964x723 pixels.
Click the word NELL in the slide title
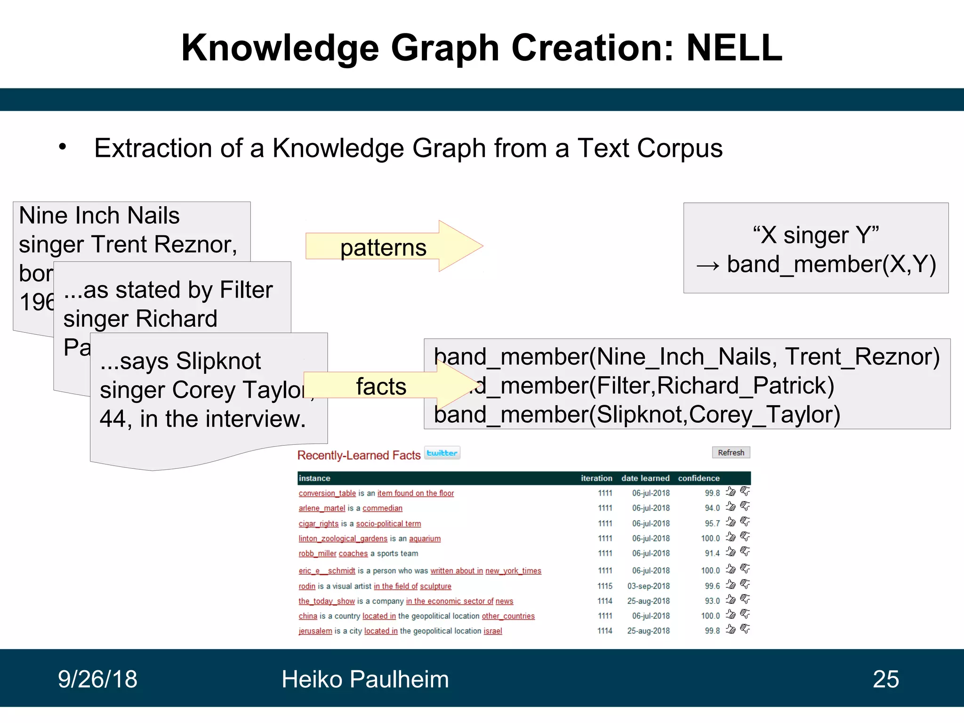tap(734, 48)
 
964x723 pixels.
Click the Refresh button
tap(731, 452)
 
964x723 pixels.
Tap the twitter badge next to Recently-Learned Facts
tap(442, 453)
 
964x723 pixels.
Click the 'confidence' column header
tap(699, 478)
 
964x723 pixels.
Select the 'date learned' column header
tap(645, 478)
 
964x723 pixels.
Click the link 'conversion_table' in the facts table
tap(327, 493)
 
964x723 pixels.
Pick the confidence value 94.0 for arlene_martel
tap(712, 508)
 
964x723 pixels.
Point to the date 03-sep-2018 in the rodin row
tap(648, 586)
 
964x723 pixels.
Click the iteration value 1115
tap(605, 586)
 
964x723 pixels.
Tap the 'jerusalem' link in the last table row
tap(315, 631)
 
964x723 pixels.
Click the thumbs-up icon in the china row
tap(730, 615)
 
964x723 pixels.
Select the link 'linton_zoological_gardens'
tap(343, 538)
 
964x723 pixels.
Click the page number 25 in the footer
tap(885, 679)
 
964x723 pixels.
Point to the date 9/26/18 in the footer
tap(97, 679)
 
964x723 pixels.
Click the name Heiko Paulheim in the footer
tap(365, 679)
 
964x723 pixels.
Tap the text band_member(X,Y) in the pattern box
tap(831, 264)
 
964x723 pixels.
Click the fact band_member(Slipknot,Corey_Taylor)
tap(636, 415)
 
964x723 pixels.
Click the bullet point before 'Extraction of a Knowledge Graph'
tap(63, 147)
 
